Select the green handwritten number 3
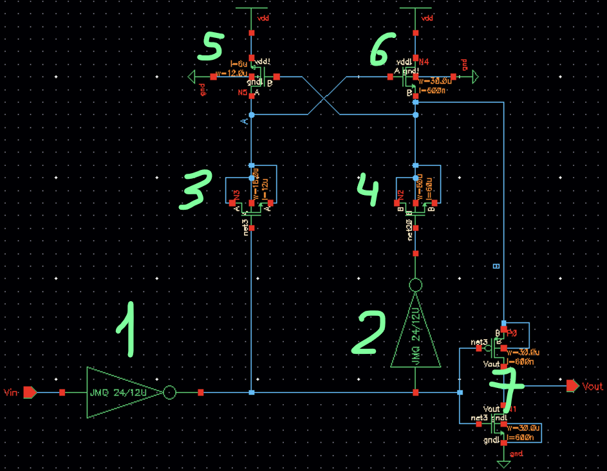(x=193, y=191)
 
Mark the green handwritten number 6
(x=386, y=48)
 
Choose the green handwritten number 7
(x=505, y=385)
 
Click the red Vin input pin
(x=30, y=392)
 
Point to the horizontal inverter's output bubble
(x=169, y=392)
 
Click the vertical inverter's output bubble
(x=415, y=285)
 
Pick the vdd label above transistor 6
(x=427, y=19)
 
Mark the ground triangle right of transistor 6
(x=474, y=77)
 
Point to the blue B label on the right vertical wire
(x=496, y=266)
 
